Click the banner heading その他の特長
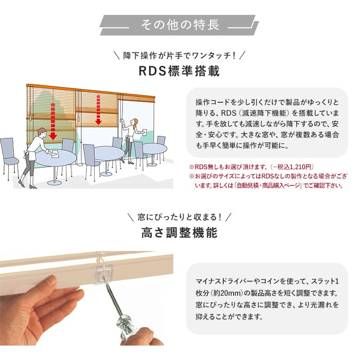[x=180, y=25]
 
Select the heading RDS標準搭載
[x=179, y=71]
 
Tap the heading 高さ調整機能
[x=179, y=232]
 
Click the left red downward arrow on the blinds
[x=53, y=121]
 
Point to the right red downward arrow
[x=98, y=110]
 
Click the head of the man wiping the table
[x=42, y=132]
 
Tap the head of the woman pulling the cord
[x=134, y=122]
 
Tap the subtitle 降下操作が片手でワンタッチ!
[x=179, y=56]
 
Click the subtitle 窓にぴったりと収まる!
[x=179, y=217]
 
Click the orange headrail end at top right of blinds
[x=153, y=99]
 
